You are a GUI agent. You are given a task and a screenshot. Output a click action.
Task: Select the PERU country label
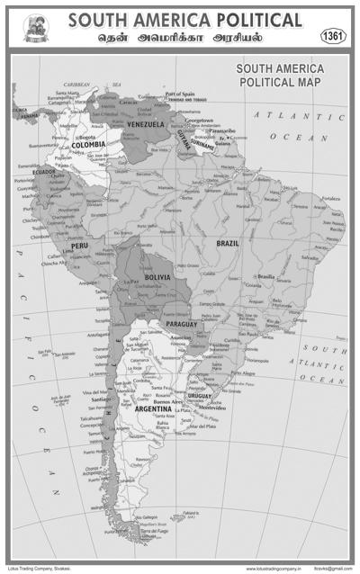79,245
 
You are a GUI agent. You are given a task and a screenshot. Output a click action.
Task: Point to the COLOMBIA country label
89,144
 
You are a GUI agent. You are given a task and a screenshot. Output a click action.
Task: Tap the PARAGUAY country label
181,324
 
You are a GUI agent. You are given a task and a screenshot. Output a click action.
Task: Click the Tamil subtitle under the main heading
184,39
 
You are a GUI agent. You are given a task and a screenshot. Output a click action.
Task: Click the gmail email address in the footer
333,568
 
